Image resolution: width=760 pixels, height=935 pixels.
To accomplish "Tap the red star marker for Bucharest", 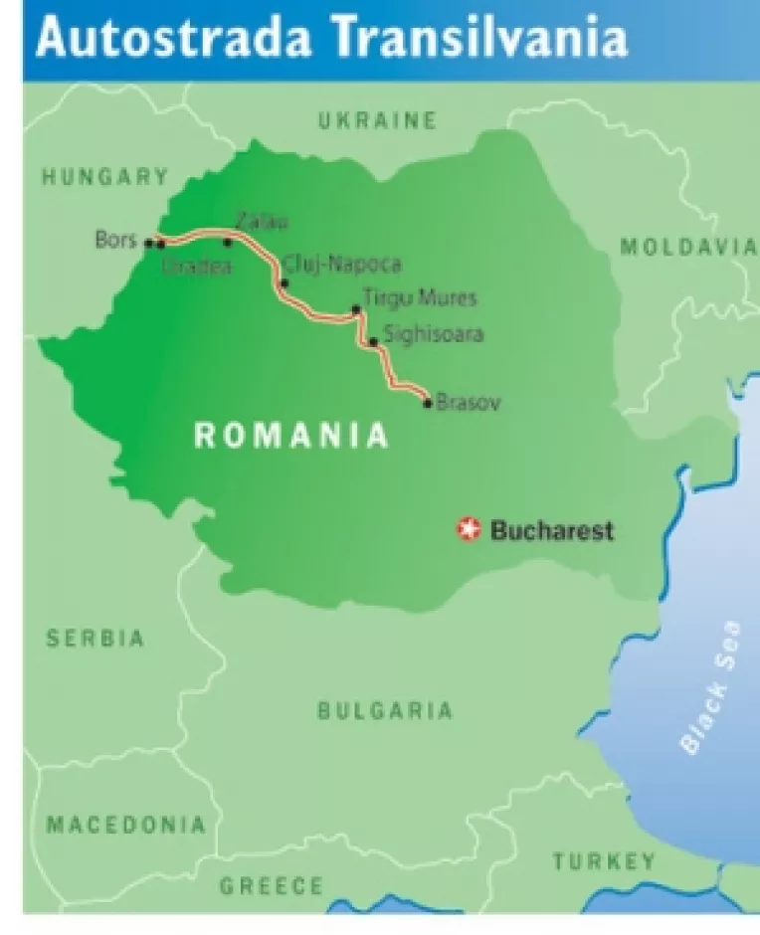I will click(x=467, y=529).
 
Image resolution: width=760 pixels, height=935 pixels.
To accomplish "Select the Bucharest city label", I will click(x=552, y=530).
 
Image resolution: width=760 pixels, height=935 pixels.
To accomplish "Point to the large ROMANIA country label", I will click(x=290, y=436).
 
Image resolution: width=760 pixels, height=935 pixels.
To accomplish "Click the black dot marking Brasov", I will click(x=428, y=403).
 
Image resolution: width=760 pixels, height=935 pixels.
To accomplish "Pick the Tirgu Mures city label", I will click(x=420, y=297).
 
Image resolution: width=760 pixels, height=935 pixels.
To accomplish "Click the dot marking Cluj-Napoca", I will click(x=284, y=283).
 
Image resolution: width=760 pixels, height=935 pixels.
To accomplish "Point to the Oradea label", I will click(x=188, y=266).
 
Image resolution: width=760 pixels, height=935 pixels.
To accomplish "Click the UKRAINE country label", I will click(x=377, y=121).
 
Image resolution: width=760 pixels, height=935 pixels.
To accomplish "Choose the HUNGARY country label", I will click(x=104, y=177).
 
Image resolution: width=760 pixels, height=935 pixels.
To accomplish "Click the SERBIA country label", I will click(x=95, y=639).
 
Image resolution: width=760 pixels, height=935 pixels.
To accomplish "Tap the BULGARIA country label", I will click(x=385, y=710).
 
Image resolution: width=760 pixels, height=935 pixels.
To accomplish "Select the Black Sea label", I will click(x=709, y=686).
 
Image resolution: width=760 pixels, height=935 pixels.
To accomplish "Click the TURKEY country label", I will click(x=604, y=860).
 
